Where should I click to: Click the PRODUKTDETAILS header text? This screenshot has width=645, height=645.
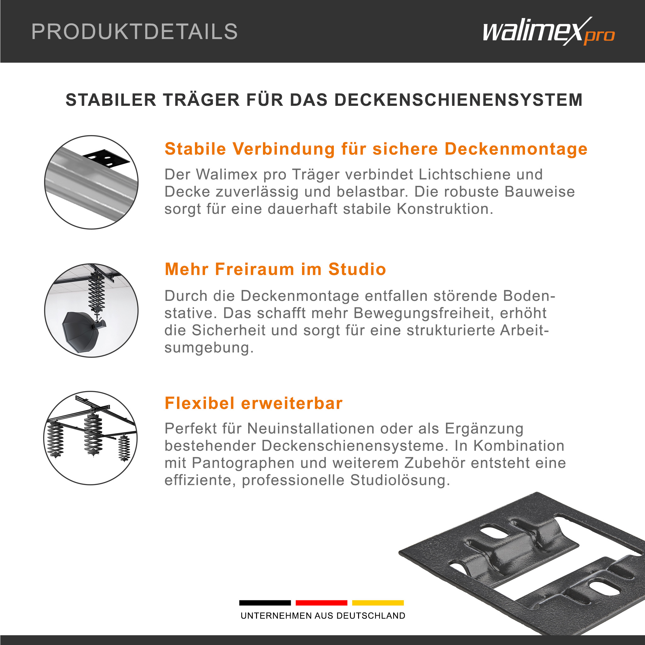(x=134, y=32)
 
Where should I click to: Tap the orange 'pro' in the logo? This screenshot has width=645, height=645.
(x=599, y=36)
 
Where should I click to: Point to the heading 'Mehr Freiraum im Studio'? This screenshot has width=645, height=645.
(x=276, y=269)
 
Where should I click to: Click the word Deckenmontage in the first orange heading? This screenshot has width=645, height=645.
(x=516, y=149)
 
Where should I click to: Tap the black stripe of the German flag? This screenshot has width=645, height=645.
(x=265, y=602)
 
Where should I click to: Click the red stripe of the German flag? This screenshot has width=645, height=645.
(x=321, y=602)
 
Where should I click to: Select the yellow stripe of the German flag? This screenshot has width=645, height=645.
(x=378, y=602)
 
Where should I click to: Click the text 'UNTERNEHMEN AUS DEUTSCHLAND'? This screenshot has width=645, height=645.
(x=323, y=616)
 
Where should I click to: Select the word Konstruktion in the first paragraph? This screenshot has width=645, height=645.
(x=445, y=209)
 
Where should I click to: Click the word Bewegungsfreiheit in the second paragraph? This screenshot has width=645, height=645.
(x=423, y=313)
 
